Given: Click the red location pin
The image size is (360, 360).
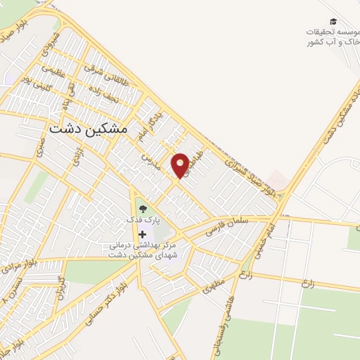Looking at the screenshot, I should click(181, 164).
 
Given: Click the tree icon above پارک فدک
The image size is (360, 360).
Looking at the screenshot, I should click(143, 208).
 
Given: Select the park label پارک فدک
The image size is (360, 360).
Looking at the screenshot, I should click(143, 220).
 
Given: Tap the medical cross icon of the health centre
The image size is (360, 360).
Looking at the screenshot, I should click(143, 234).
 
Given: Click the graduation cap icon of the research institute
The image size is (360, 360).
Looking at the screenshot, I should click(333, 22).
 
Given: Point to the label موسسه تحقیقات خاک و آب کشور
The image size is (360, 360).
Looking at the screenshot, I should click(331, 37).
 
